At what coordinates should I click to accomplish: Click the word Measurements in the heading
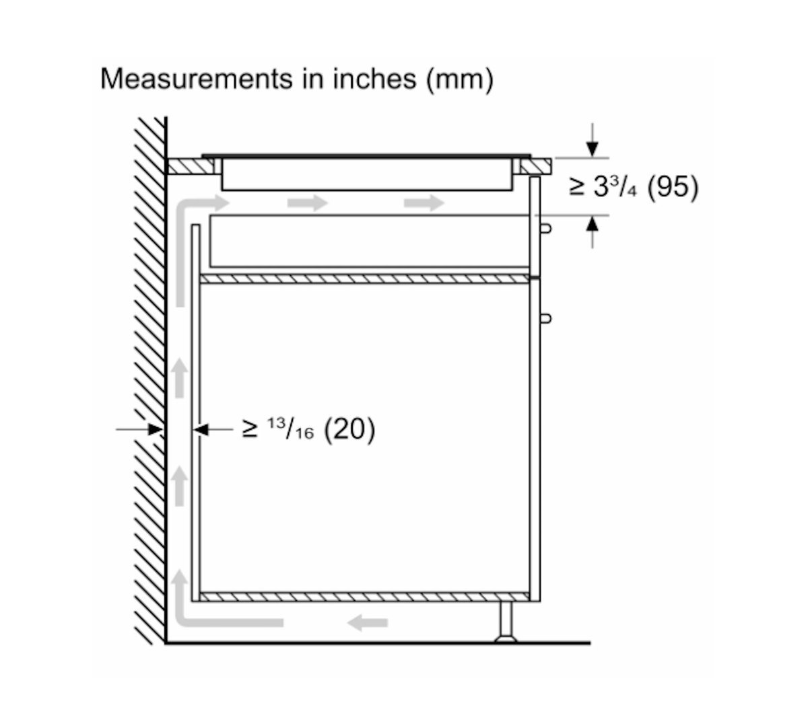point(196,79)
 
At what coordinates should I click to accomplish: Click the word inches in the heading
point(374,79)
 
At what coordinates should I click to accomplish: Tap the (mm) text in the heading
point(460,81)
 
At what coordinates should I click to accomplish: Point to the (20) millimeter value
point(349,429)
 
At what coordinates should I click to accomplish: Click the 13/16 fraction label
point(290,429)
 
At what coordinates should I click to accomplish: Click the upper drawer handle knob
point(545,229)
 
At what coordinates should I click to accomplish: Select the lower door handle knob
point(545,318)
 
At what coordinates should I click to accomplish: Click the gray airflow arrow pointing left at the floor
point(367,623)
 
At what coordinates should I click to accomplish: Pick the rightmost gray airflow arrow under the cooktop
point(424,203)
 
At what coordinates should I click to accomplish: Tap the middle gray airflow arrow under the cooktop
point(308,203)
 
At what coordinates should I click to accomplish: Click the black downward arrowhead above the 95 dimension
point(592,149)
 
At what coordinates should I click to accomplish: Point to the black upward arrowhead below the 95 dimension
point(592,224)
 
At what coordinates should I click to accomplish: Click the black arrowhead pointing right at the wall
point(156,429)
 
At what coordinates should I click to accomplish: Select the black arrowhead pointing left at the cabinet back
point(201,429)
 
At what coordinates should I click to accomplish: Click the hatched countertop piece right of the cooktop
point(535,166)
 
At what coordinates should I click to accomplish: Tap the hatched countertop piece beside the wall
point(191,166)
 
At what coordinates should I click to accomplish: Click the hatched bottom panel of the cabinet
point(364,597)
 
